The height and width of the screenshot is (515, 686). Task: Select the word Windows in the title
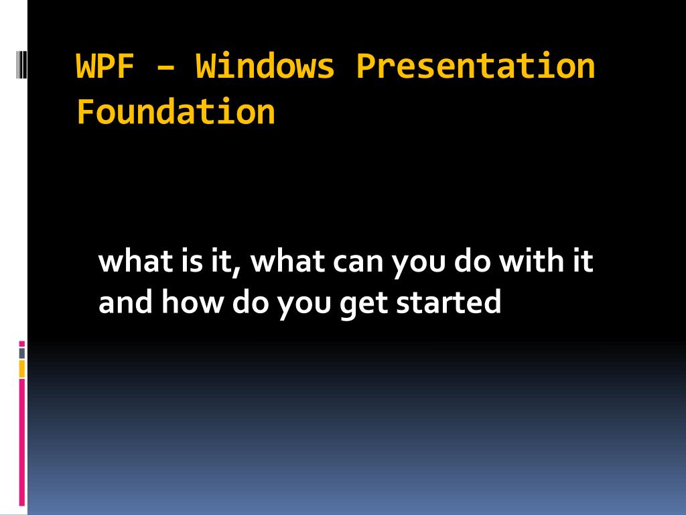(x=265, y=66)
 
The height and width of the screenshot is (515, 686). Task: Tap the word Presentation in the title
(x=475, y=66)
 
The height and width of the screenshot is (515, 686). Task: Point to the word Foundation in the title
(x=176, y=112)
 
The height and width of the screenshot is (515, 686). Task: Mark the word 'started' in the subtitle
(x=448, y=302)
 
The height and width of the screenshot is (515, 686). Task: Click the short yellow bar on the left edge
(x=22, y=368)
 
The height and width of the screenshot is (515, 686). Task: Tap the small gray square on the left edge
(x=22, y=353)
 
